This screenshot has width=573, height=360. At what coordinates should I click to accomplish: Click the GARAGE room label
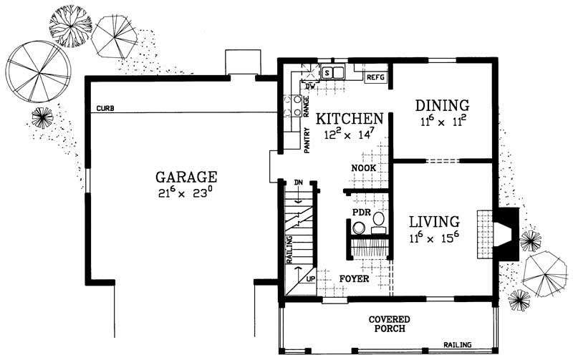186,177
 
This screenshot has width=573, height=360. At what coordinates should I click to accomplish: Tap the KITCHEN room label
350,118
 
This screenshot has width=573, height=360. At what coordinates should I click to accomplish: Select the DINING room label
442,105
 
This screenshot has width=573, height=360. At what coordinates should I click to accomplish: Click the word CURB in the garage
105,109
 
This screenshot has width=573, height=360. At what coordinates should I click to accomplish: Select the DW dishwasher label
311,87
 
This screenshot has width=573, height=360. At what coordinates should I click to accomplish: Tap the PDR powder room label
360,213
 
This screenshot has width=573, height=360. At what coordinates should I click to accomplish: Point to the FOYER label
355,278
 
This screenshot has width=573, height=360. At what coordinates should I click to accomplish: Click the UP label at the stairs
310,278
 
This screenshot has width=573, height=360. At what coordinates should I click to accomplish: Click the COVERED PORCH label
389,323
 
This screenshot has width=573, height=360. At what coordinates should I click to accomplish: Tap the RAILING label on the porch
457,344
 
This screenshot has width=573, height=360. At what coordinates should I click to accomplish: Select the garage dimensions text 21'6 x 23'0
186,193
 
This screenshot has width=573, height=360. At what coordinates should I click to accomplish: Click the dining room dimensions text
442,122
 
